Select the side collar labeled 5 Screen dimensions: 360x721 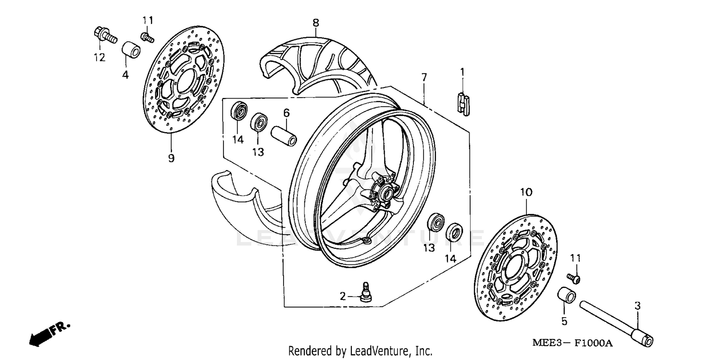(566, 297)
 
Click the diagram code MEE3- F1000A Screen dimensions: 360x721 (572, 343)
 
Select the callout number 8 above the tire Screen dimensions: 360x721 (315, 22)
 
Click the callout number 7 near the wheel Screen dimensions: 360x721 (424, 77)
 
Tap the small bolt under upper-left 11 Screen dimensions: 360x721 (147, 37)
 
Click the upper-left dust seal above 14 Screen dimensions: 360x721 (238, 111)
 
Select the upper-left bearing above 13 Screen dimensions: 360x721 (259, 122)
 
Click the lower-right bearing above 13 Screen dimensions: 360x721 (436, 223)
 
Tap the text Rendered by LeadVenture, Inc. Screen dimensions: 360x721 (360, 351)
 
